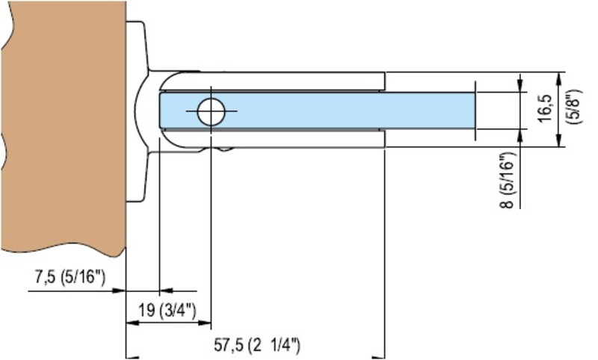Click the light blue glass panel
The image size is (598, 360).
click(x=336, y=110)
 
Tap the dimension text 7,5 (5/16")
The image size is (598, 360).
click(x=70, y=279)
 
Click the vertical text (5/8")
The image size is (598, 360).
click(x=572, y=109)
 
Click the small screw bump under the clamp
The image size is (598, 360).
click(x=224, y=149)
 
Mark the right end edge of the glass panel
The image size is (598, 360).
click(x=475, y=110)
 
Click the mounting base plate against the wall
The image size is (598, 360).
click(x=138, y=112)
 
